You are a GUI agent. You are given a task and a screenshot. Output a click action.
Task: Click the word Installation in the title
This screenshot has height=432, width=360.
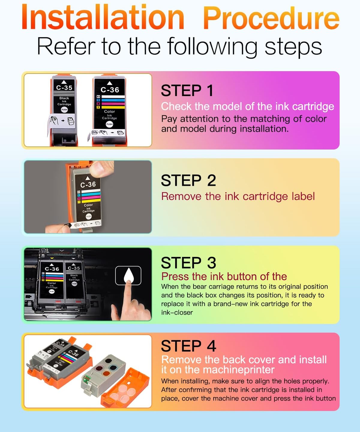coord(103,17)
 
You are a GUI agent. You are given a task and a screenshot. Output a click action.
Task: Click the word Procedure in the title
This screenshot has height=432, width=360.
coord(271,18)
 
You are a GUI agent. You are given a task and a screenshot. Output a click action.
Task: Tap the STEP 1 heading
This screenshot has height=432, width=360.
coord(187,91)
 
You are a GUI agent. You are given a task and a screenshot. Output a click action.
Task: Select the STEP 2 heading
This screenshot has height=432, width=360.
coord(188,180)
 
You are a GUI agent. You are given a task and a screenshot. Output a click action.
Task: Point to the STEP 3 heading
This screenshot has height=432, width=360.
coord(188,263)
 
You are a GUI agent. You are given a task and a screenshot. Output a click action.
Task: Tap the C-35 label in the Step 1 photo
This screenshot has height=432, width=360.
coord(64,88)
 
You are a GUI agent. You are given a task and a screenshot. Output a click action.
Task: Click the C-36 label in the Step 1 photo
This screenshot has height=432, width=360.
coord(110,90)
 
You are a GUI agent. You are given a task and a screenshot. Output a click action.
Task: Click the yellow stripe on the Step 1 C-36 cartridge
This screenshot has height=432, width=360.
coord(113,107)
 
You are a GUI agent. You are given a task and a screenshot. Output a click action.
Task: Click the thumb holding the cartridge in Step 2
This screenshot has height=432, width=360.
coord(102,169)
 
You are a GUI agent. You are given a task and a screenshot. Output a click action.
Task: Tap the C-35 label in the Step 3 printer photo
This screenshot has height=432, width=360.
coord(74,268)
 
